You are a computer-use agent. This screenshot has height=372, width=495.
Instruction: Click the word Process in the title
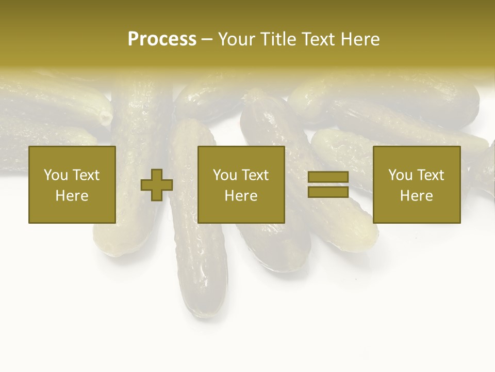point(162,39)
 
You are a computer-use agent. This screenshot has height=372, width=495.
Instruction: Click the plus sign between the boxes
point(157,185)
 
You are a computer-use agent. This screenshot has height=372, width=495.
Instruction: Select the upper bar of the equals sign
point(328,177)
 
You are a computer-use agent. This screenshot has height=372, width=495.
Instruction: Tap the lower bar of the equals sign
point(328,192)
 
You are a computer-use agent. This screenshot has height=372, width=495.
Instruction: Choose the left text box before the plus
point(72,184)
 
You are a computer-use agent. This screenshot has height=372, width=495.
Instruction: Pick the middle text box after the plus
point(241,184)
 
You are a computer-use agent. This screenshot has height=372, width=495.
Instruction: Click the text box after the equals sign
point(416,184)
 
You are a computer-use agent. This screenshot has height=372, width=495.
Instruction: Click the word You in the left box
point(56,175)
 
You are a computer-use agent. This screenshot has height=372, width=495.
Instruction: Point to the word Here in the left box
point(72,196)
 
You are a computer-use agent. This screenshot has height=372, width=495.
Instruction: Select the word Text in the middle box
point(256,175)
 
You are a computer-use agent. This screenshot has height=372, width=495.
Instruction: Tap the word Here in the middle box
point(241,196)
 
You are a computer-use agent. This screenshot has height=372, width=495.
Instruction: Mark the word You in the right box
point(400,175)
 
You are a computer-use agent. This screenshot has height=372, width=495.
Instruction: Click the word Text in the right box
point(431,175)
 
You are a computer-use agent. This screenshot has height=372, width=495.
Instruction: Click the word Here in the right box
point(416,196)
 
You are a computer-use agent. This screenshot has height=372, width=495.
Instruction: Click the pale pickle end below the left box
point(111,243)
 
